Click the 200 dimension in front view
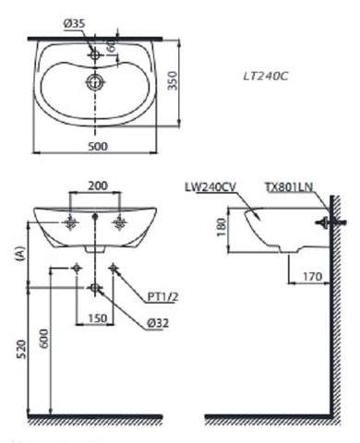(x=95, y=186)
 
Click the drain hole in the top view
(x=93, y=82)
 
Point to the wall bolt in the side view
(x=322, y=221)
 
